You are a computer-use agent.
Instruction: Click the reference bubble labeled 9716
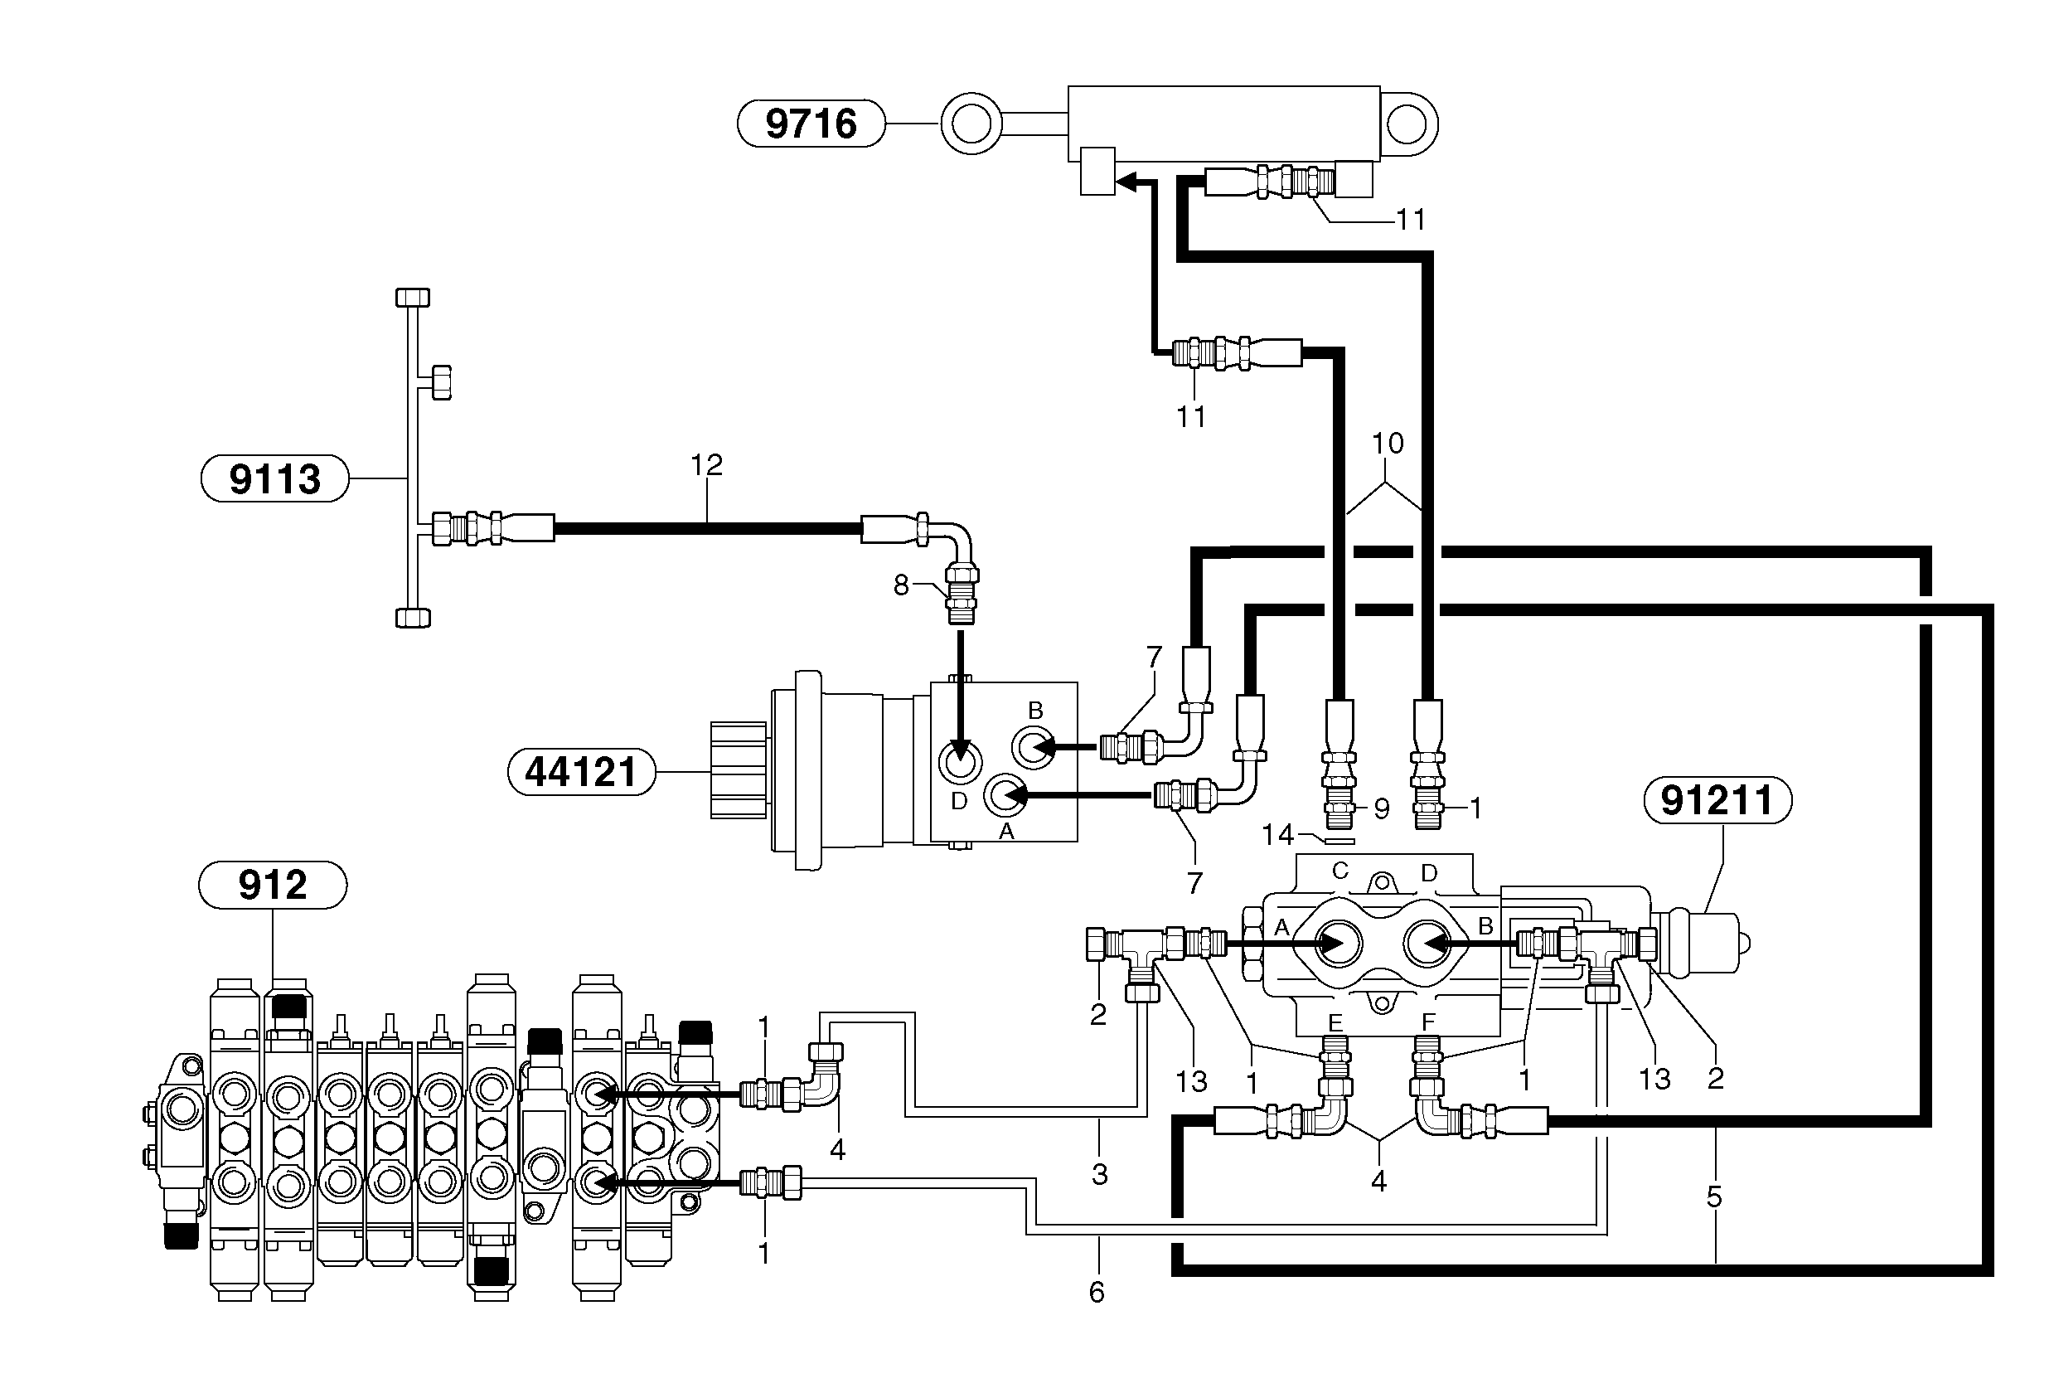coord(811,124)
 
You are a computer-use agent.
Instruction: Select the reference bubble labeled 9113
coord(275,479)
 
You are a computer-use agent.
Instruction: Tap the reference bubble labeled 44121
coord(581,772)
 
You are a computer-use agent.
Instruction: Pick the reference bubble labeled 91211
coord(1717,801)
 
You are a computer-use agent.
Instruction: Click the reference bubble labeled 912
coord(272,885)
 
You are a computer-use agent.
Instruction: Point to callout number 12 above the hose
coord(706,465)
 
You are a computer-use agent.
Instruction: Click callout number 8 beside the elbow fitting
coord(901,585)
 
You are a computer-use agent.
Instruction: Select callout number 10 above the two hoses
coord(1387,443)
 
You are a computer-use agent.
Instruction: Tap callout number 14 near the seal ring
coord(1277,834)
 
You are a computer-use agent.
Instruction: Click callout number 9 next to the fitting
coord(1381,808)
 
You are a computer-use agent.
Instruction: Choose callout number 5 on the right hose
coord(1713,1197)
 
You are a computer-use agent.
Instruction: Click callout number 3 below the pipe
coord(1098,1175)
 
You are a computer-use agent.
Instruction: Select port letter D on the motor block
coord(959,801)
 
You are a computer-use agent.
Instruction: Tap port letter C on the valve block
coord(1339,871)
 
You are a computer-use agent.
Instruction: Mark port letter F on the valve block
coord(1427,1022)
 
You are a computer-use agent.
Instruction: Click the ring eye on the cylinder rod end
coord(971,124)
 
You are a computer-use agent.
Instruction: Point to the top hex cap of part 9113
coord(412,297)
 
